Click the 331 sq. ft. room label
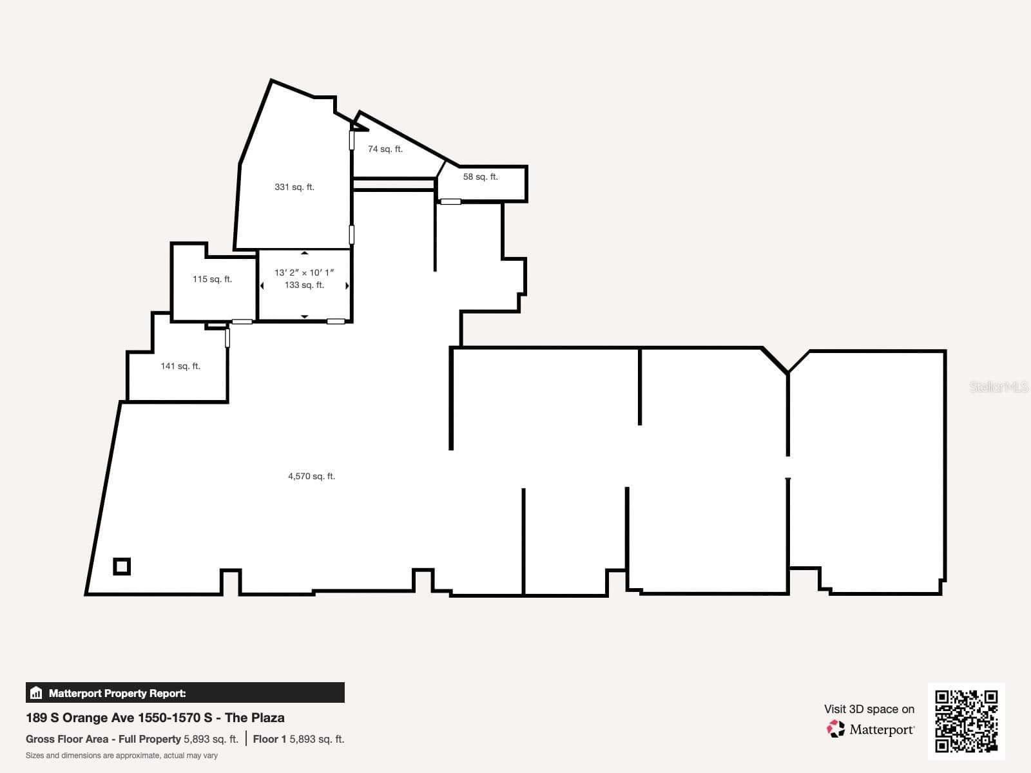294,187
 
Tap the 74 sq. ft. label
385,149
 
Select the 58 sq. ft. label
480,177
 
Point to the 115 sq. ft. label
212,279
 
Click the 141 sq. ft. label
180,366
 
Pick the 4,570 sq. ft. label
311,476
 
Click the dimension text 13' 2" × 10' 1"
304,272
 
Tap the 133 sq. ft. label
304,285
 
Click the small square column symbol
122,566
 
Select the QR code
966,721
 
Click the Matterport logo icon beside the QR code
835,729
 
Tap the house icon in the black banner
36,692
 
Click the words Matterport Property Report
117,693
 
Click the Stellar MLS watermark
999,386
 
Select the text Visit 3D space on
869,709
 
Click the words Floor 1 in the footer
269,740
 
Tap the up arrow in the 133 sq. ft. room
304,253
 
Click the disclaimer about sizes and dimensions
122,756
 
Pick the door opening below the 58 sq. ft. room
450,202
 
